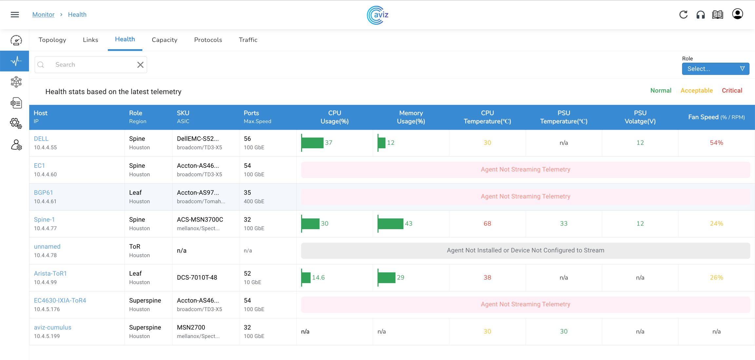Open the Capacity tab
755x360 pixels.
pyautogui.click(x=165, y=40)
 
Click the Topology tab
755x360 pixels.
pyautogui.click(x=52, y=40)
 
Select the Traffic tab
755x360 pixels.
pyautogui.click(x=248, y=40)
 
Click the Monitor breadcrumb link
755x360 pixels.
pyautogui.click(x=43, y=15)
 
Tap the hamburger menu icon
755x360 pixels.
pyautogui.click(x=15, y=15)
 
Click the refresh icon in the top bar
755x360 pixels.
pyautogui.click(x=683, y=15)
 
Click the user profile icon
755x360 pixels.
pyautogui.click(x=737, y=14)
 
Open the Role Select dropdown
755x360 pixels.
pyautogui.click(x=715, y=69)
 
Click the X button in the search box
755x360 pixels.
pyautogui.click(x=140, y=65)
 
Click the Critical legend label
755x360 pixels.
pyautogui.click(x=732, y=91)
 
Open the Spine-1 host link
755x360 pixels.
pyautogui.click(x=44, y=220)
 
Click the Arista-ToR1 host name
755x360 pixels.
pyautogui.click(x=50, y=273)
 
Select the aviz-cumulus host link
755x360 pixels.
pyautogui.click(x=53, y=328)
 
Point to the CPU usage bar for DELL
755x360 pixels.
pyautogui.click(x=312, y=143)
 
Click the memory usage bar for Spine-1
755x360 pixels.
pyautogui.click(x=391, y=224)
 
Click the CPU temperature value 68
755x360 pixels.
pyautogui.click(x=487, y=224)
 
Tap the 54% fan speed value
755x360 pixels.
pyautogui.click(x=716, y=143)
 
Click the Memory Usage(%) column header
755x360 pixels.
pyautogui.click(x=411, y=117)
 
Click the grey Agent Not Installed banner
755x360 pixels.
pyautogui.click(x=525, y=250)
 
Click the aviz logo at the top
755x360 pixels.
pyautogui.click(x=377, y=15)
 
